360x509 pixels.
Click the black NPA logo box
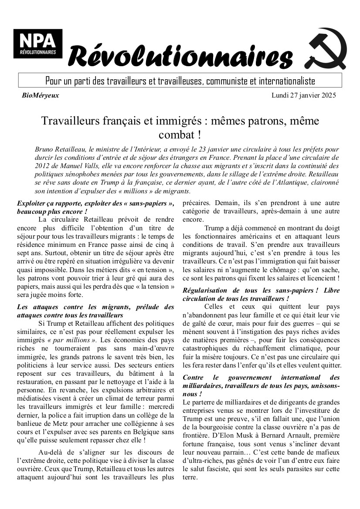click(38, 44)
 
